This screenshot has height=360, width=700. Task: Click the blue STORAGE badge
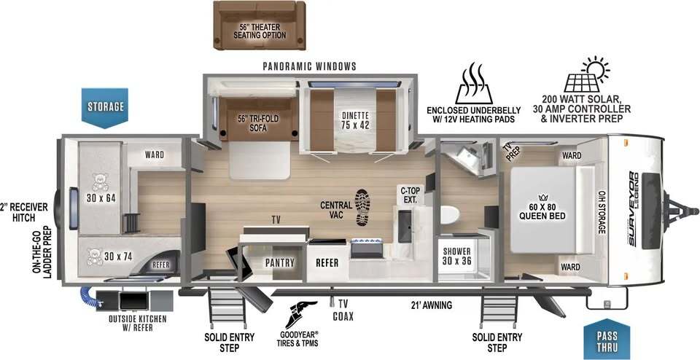pos(105,108)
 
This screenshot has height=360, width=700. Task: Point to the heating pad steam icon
pos(474,83)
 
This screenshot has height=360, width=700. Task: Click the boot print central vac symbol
pos(362,207)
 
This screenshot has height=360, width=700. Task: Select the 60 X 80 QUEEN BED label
pos(542,212)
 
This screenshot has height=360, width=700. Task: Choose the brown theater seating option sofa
pos(260,25)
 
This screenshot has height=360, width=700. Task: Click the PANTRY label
pos(279,263)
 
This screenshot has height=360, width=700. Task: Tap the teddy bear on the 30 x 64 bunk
pos(100,182)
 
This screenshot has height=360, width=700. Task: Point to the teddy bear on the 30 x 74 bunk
pos(94,257)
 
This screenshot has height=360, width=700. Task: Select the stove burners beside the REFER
pos(367,244)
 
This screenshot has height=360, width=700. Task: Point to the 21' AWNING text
pos(431,305)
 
